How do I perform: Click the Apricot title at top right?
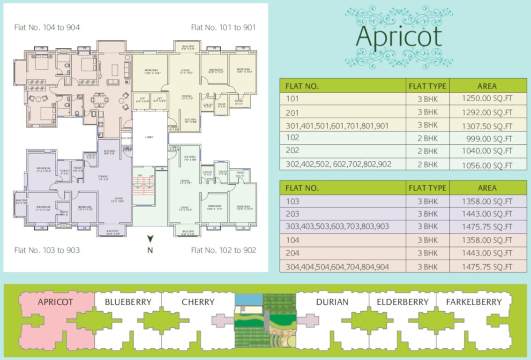399,37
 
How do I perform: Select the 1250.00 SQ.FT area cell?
487,99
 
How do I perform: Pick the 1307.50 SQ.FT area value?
487,126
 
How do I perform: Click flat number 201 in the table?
292,112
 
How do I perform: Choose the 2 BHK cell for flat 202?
427,151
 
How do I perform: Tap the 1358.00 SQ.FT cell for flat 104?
487,240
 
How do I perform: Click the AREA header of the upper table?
487,86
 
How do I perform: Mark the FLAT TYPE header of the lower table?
427,188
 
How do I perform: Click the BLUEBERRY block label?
128,302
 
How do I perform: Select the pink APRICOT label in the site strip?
55,302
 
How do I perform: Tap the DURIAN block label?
332,302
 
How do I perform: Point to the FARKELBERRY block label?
473,302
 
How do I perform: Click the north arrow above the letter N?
150,239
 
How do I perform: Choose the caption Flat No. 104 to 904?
46,27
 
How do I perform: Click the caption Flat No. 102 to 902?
224,250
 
